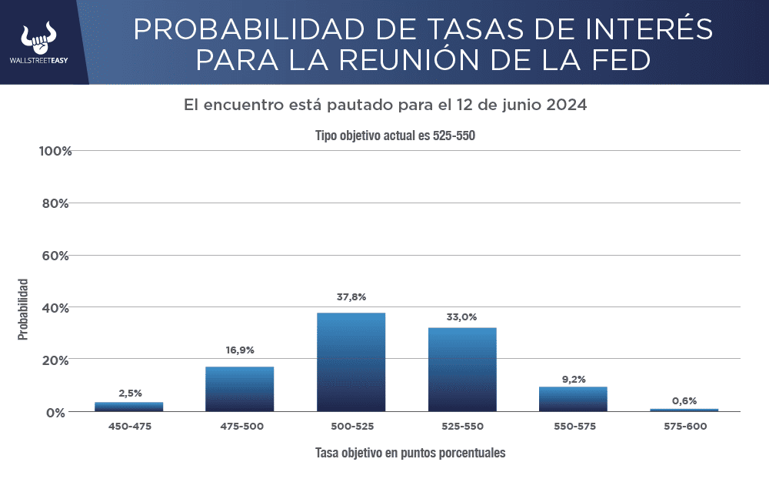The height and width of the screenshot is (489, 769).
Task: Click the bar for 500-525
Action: point(351,362)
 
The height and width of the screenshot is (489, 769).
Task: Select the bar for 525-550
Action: point(462,370)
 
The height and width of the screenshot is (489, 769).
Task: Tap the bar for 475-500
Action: point(240,389)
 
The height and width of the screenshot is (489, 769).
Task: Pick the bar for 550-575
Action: point(573,399)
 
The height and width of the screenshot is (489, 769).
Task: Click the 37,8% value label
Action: point(351,297)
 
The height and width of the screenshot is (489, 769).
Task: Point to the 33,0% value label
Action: point(462,317)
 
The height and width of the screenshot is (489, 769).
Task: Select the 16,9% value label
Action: point(240,350)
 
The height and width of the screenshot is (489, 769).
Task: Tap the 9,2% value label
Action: point(573,378)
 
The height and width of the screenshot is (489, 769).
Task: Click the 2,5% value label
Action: point(130,394)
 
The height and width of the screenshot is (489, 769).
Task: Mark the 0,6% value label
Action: point(684,400)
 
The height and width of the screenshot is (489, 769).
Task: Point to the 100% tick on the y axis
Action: point(55,151)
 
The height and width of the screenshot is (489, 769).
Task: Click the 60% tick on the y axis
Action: point(55,256)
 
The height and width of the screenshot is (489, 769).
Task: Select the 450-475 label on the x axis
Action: point(130,427)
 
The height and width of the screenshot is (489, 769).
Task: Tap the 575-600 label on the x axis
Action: point(684,427)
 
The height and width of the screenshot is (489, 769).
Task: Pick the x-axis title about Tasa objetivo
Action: point(410,453)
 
